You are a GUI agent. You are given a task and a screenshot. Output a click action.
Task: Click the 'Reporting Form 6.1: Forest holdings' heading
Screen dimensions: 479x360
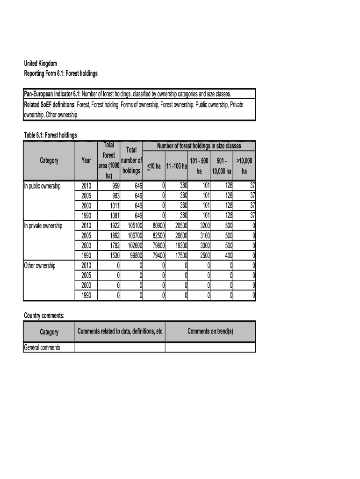pyautogui.click(x=61, y=74)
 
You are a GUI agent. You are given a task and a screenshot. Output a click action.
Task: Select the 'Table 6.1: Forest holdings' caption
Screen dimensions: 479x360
pyautogui.click(x=50, y=135)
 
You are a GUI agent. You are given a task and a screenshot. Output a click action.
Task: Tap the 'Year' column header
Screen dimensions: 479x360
pyautogui.click(x=86, y=160)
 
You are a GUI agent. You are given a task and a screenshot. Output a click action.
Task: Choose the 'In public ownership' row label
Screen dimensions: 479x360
pyautogui.click(x=43, y=186)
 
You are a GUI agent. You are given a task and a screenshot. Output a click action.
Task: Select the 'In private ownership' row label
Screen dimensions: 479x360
pyautogui.click(x=43, y=226)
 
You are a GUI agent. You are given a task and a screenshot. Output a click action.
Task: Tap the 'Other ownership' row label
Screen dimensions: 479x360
pyautogui.click(x=40, y=266)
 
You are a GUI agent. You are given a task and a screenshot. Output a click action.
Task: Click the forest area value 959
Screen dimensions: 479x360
pyautogui.click(x=114, y=186)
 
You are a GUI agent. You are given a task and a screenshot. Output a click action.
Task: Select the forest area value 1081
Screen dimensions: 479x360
pyautogui.click(x=112, y=216)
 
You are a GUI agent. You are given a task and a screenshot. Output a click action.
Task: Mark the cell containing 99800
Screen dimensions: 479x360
pyautogui.click(x=134, y=255)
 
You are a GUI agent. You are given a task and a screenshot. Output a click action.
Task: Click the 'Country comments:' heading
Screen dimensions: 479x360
pyautogui.click(x=44, y=316)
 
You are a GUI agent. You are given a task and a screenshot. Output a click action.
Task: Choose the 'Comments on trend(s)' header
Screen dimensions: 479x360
pyautogui.click(x=210, y=332)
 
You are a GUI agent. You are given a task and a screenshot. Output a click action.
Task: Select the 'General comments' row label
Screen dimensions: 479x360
pyautogui.click(x=42, y=348)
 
